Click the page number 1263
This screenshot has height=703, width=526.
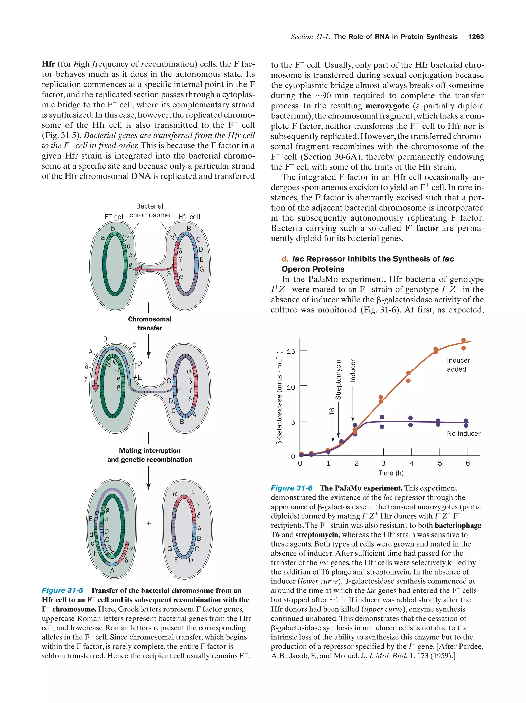coord(476,37)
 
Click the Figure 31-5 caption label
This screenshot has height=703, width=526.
coord(62,590)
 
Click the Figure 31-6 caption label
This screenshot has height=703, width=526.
coord(291,488)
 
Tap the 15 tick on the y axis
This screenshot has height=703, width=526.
coord(290,351)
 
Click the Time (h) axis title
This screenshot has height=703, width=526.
coord(391,473)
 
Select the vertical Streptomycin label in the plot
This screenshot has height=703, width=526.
coord(338,380)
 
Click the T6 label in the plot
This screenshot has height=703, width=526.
coord(332,412)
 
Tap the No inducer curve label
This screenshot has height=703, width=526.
coord(463,433)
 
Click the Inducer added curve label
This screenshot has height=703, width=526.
coord(458,365)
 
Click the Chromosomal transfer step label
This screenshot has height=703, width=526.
coord(149,323)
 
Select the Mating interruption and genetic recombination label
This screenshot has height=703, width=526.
coord(149,455)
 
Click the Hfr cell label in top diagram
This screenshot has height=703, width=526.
coord(189,217)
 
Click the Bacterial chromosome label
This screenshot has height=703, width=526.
coord(149,210)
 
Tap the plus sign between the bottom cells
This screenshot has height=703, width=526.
coord(149,523)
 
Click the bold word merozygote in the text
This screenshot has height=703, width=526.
coord(387,106)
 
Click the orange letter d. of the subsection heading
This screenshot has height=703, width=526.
coord(285,259)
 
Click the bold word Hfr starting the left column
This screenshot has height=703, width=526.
coord(48,64)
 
